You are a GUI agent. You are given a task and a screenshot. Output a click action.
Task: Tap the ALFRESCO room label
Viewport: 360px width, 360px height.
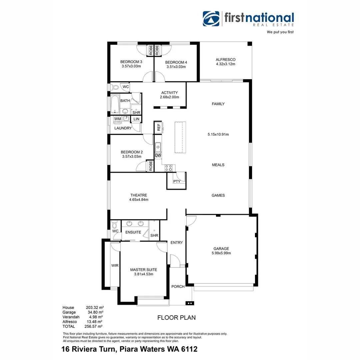coord(226,60)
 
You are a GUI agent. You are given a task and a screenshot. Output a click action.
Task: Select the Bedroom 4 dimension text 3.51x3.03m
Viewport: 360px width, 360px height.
coord(176,67)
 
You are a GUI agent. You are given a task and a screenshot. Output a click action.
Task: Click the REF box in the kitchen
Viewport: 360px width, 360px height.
coord(159,127)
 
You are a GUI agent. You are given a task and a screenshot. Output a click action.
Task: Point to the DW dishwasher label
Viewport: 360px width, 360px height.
coord(158,155)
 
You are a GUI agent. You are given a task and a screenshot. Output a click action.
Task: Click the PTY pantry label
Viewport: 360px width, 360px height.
coord(177,181)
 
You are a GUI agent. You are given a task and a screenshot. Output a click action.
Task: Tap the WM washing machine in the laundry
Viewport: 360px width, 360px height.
coord(117,119)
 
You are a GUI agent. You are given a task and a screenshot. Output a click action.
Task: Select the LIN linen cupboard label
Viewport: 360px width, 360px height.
coord(136,119)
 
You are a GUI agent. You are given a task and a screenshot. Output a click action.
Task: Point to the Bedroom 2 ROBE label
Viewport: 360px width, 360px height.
coord(151,166)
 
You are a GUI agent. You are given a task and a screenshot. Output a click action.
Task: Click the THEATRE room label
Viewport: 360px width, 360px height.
coord(139,195)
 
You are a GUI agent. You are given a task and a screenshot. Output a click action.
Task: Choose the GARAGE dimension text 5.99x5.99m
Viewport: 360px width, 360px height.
coord(221,253)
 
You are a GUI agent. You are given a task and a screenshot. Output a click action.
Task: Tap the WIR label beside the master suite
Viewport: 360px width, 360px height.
coord(115,266)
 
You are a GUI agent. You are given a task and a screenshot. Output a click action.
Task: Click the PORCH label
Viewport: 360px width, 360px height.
coord(178,287)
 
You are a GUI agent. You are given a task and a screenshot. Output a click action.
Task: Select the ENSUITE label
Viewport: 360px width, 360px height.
coord(133,232)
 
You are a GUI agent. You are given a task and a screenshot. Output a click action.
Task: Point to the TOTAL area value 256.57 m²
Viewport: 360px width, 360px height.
coord(94,326)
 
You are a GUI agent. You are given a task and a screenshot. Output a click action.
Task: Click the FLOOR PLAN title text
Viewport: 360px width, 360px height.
coord(176,318)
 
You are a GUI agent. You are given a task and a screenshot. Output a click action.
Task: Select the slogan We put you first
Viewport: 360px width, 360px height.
coord(280,32)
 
